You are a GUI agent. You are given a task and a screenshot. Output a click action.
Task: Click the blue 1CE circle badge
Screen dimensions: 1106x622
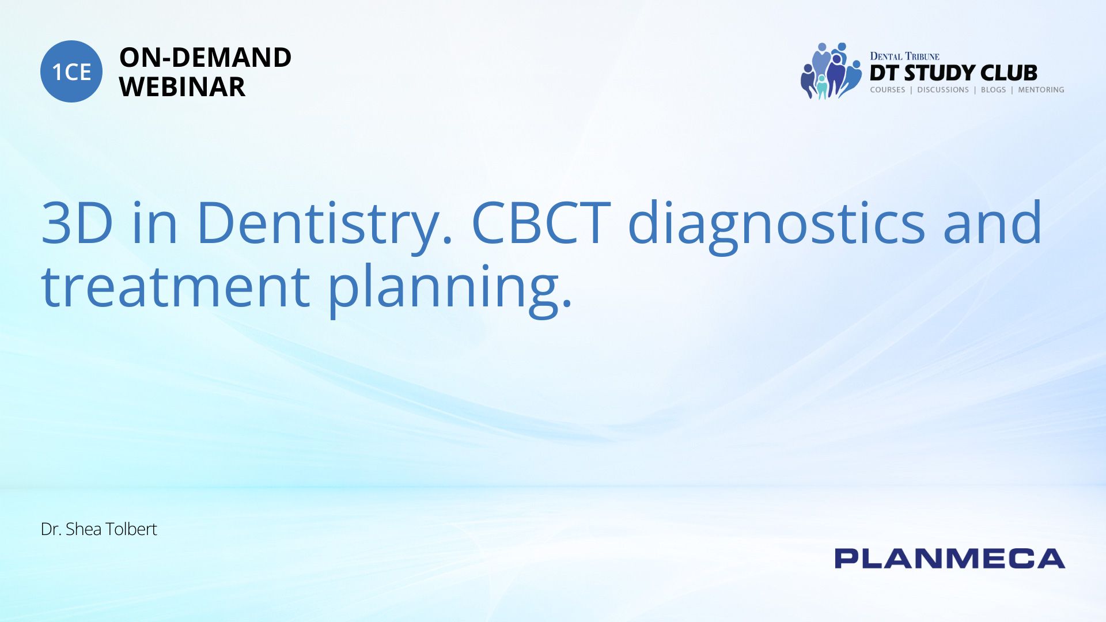coord(71,71)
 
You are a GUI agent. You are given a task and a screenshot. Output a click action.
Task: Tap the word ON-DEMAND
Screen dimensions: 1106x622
coord(205,58)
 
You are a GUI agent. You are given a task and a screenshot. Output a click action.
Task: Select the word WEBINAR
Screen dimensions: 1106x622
coord(182,87)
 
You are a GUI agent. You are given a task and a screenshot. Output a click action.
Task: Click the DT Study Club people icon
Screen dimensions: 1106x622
coord(831,71)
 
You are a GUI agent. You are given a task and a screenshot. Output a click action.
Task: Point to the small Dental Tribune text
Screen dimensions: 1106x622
coord(904,56)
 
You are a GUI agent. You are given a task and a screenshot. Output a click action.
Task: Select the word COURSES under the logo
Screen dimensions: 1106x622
coord(887,90)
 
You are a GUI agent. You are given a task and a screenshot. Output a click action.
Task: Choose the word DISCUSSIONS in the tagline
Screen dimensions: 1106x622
coord(943,90)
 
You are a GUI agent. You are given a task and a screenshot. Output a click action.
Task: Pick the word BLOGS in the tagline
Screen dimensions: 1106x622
coord(993,90)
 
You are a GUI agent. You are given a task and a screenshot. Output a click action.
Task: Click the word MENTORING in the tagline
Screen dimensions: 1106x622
coord(1041,90)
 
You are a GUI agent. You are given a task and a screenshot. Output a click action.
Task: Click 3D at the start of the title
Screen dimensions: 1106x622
coord(77,223)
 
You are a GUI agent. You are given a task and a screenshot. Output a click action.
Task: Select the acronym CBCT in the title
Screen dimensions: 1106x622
coord(541,222)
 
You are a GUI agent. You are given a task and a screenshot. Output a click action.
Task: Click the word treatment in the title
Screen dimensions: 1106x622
coord(176,286)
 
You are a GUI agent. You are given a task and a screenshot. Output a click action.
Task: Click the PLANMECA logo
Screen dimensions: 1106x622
coord(950,559)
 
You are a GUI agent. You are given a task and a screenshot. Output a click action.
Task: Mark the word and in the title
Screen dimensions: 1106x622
coord(993,222)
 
